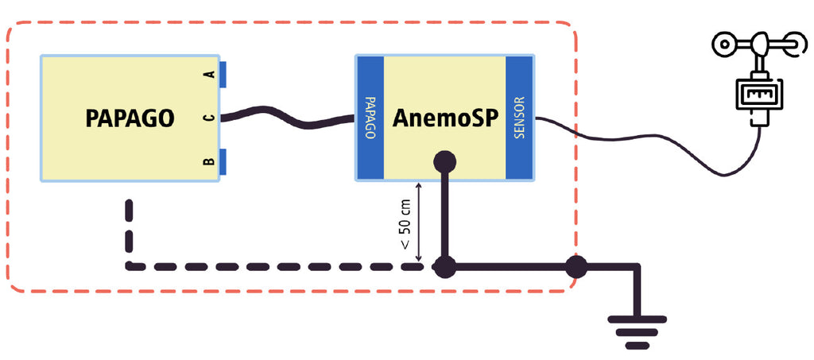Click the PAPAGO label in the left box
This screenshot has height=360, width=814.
pos(130,118)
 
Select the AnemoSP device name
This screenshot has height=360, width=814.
pos(444,118)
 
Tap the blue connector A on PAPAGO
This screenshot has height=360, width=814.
pos(223,74)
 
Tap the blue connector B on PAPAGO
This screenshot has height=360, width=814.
pos(223,162)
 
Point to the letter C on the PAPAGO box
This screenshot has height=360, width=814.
pos(208,118)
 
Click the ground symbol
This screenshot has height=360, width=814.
pos(637,330)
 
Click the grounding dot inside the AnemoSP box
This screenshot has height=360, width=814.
pos(444,162)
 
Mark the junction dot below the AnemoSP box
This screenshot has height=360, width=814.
pos(444,267)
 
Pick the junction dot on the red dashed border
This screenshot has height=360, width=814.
pos(575,267)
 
